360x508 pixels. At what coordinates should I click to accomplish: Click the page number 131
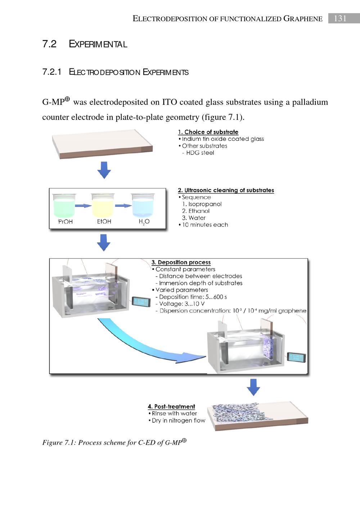340,18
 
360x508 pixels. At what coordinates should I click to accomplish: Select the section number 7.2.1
52,72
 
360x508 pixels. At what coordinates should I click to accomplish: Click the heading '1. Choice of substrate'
208,132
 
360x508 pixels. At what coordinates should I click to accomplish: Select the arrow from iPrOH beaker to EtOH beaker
83,206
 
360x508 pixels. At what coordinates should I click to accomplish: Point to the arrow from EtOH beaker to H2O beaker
123,206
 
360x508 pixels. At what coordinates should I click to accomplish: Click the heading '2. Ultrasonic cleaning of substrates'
226,190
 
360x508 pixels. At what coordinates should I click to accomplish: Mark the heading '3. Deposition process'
181,262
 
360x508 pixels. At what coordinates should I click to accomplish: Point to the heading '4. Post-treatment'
171,406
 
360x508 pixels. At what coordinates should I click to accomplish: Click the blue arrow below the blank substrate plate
104,170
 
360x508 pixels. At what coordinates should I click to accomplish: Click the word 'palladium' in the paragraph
310,102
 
